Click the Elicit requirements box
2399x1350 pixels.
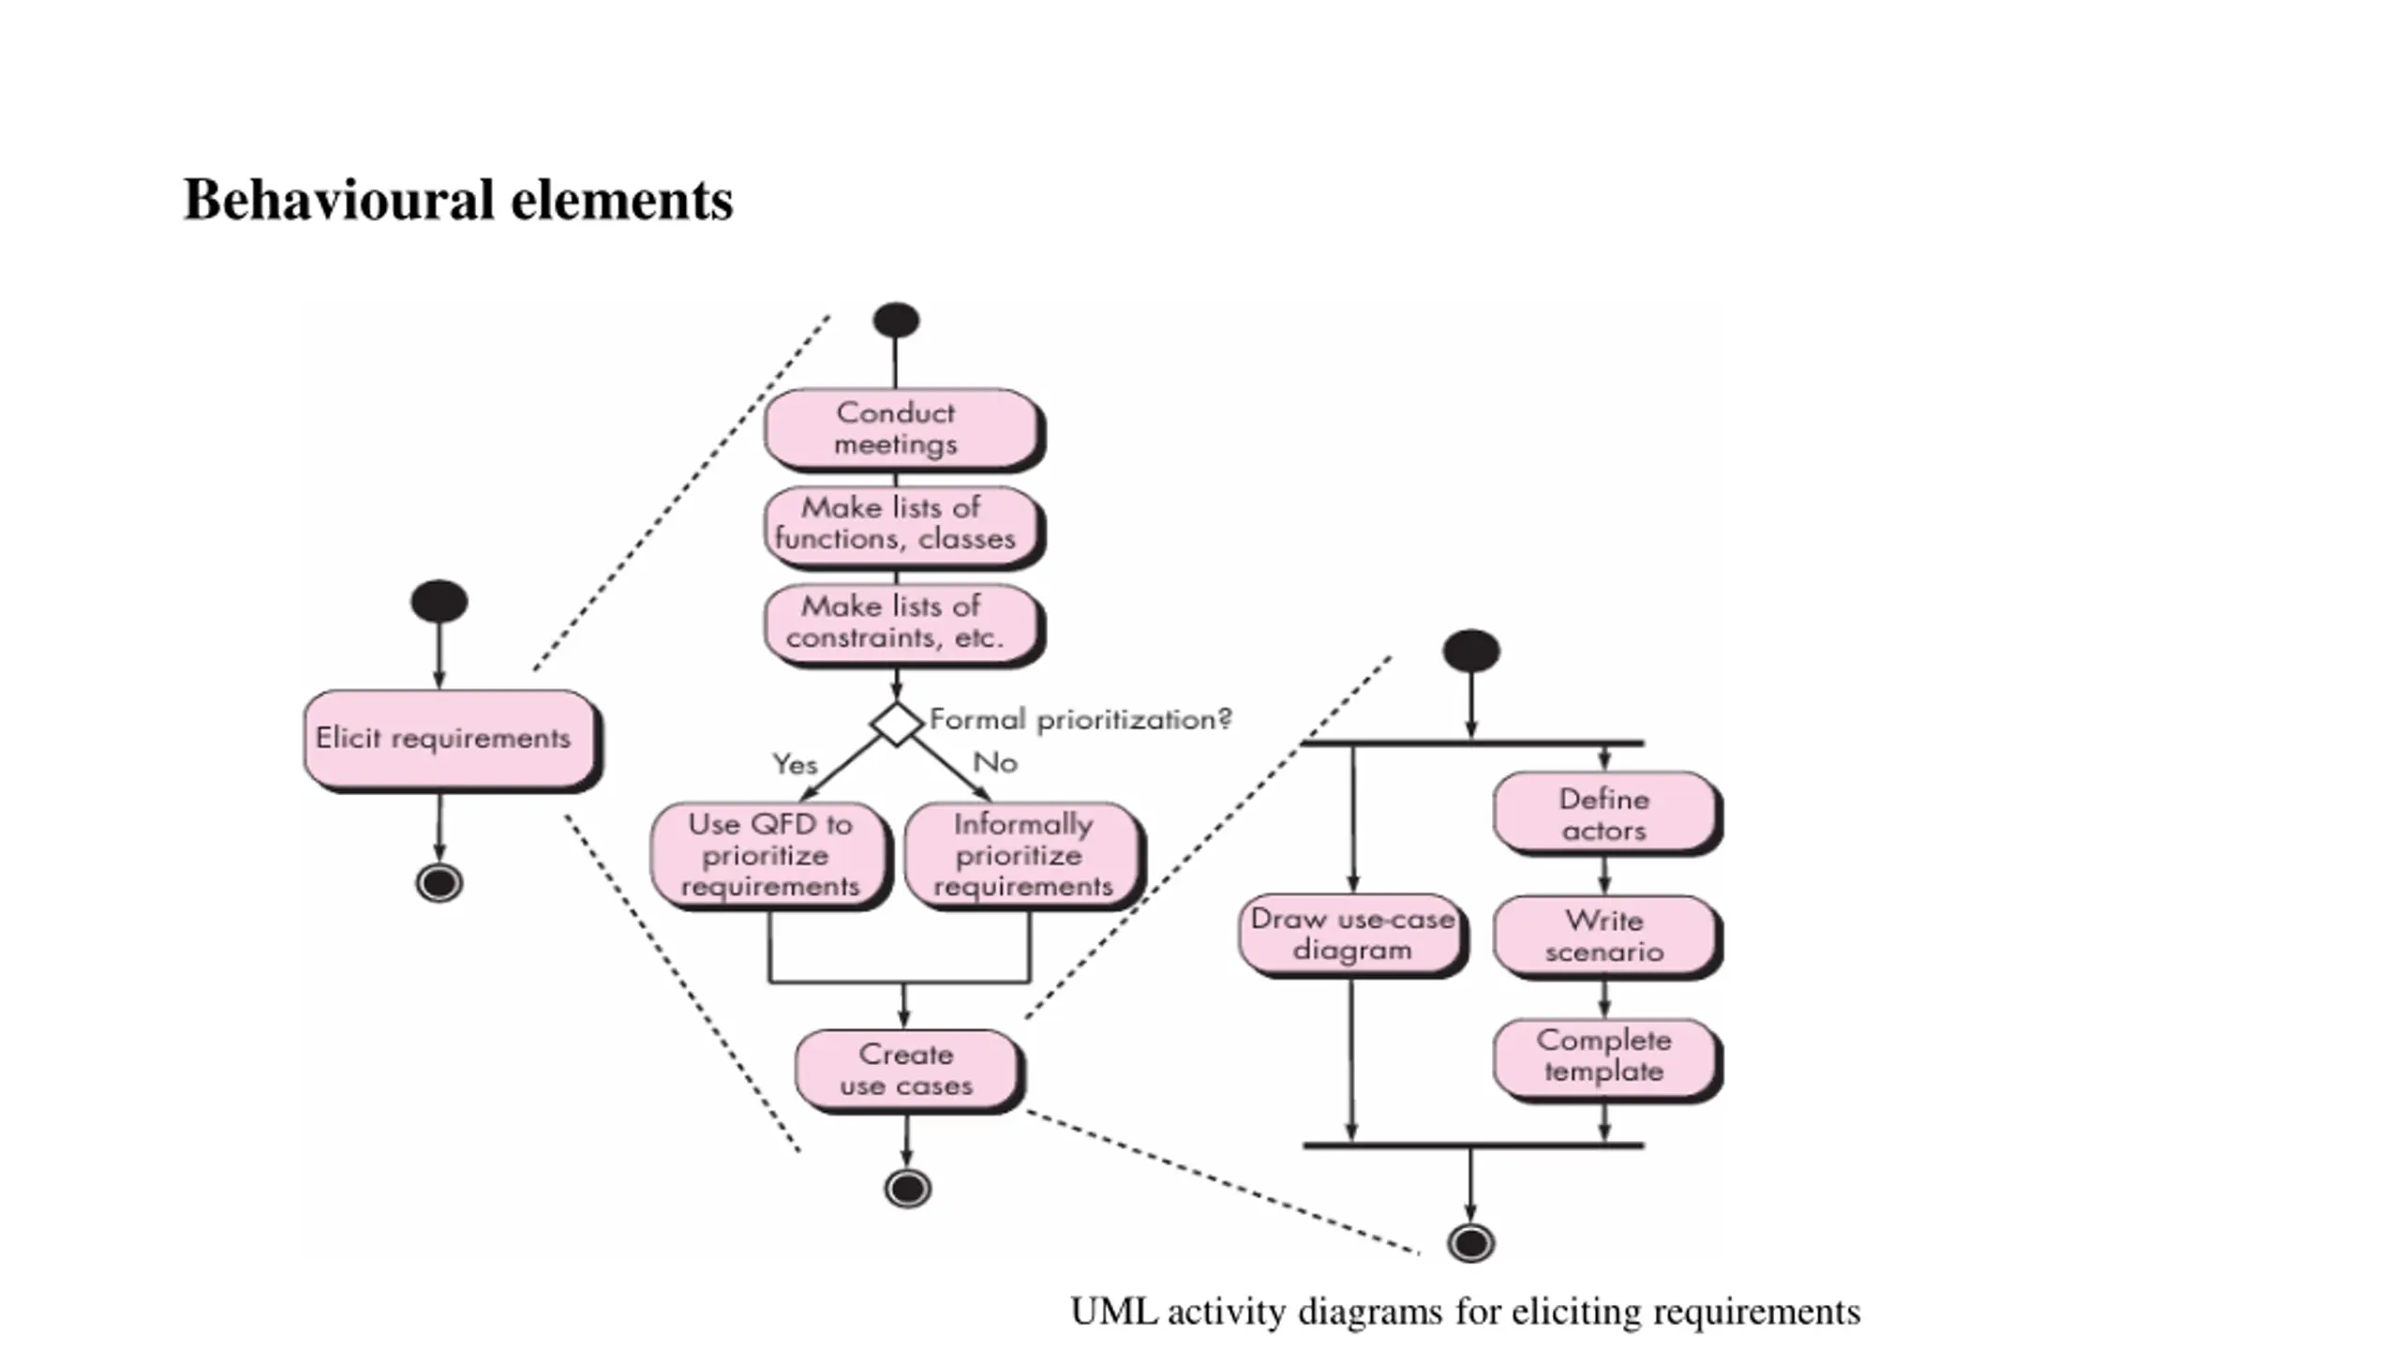(x=451, y=741)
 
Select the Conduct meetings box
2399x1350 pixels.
(x=903, y=429)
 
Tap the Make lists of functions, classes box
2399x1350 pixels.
(x=903, y=526)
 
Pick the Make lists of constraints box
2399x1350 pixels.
(x=903, y=625)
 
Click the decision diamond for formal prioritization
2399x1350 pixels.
(x=896, y=724)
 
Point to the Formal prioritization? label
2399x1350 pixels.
(x=1080, y=720)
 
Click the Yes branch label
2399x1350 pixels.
(x=795, y=764)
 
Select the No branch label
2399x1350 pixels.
(x=995, y=762)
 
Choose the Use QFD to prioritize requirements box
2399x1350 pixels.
(x=770, y=855)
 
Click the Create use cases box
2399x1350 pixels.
(x=908, y=1071)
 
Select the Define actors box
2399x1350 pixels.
(x=1607, y=814)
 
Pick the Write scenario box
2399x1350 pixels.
(x=1607, y=937)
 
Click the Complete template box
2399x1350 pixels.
(x=1607, y=1058)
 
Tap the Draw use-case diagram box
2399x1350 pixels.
(x=1352, y=935)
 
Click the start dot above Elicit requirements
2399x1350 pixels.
(x=439, y=601)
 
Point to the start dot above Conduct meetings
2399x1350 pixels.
(x=896, y=320)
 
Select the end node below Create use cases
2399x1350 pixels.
(x=907, y=1189)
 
